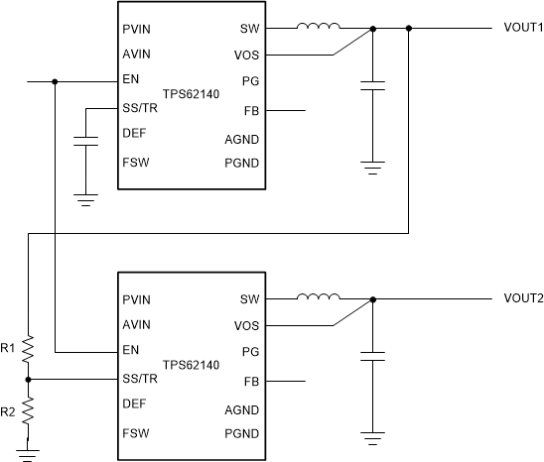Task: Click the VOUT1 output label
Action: point(523,29)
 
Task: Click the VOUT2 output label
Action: point(523,298)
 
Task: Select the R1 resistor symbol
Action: point(29,349)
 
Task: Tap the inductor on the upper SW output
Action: point(319,28)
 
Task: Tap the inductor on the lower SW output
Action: point(319,297)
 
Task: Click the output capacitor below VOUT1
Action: point(372,86)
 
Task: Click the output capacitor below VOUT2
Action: point(372,354)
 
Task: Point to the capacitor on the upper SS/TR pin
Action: point(86,142)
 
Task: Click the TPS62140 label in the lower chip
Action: point(190,365)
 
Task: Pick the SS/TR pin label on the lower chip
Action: point(139,378)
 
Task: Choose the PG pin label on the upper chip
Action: point(250,81)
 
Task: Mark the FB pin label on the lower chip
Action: point(250,382)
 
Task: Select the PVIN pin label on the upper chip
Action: point(136,30)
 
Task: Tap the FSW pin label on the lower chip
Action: point(135,432)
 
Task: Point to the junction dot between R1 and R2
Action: point(29,379)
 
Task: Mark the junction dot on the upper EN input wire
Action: point(56,81)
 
